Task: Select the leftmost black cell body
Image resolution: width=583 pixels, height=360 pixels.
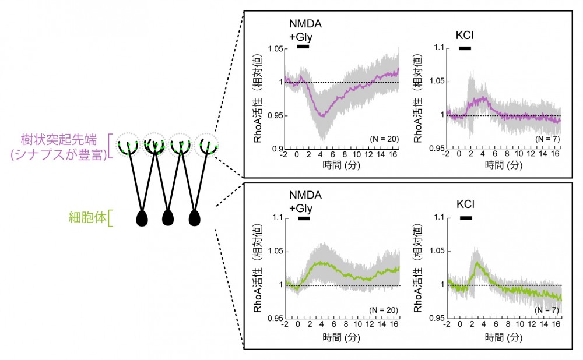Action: pos(142,217)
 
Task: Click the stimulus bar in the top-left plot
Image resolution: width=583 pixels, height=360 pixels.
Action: pos(303,45)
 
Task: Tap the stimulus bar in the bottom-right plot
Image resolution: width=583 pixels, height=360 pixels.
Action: pos(465,218)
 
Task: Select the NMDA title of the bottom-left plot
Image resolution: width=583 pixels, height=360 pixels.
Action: pos(305,194)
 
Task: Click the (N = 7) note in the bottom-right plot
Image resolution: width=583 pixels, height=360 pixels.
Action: pos(547,308)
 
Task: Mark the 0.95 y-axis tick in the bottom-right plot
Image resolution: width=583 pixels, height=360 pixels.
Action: pos(436,319)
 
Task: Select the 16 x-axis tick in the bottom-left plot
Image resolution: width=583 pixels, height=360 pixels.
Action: pos(393,326)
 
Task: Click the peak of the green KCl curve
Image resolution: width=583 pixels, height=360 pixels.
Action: pos(477,263)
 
